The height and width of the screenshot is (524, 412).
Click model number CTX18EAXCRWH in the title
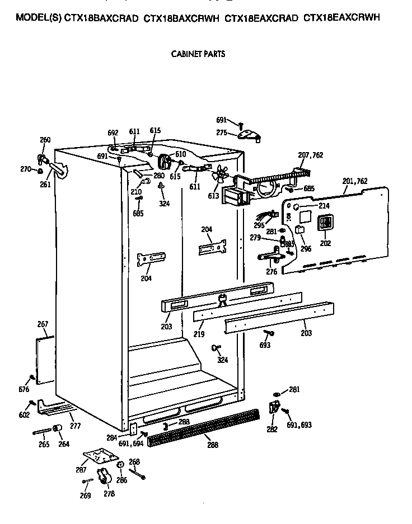[341, 18]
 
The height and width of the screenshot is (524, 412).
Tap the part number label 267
[43, 324]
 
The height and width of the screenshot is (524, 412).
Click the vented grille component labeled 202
[325, 223]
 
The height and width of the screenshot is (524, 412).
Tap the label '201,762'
[354, 181]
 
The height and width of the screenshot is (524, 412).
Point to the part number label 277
[75, 426]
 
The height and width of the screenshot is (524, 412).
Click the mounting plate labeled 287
[96, 456]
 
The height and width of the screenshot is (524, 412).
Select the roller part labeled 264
[57, 429]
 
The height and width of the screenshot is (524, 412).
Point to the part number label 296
[306, 249]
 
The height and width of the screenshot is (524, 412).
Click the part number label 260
[45, 140]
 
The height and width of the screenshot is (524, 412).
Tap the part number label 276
[271, 272]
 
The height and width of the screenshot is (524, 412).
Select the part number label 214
[324, 206]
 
